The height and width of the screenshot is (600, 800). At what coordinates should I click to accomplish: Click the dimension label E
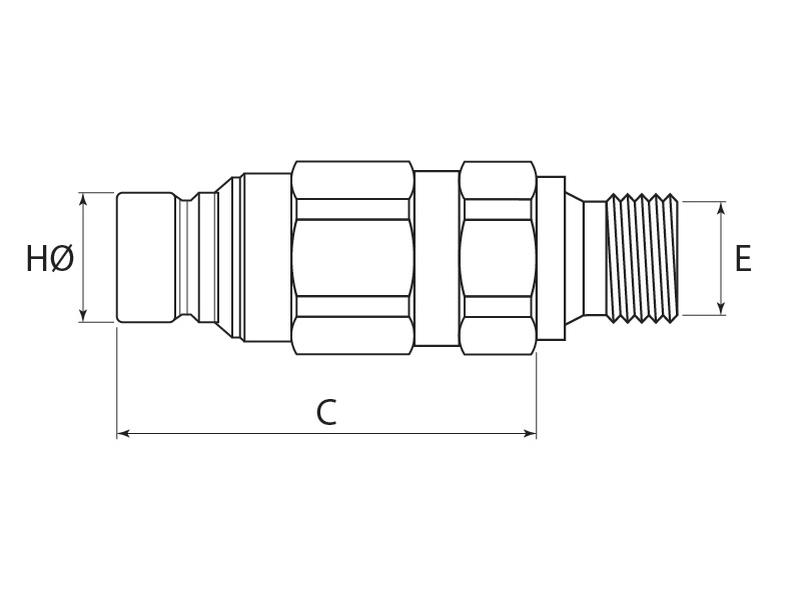pos(742,259)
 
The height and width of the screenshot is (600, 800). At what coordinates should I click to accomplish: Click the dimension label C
pos(326,412)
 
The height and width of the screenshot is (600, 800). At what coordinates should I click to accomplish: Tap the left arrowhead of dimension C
pos(123,434)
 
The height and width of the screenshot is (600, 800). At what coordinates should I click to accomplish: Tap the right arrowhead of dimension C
pos(531,434)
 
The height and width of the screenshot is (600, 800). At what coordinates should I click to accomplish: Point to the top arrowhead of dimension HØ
pos(83,198)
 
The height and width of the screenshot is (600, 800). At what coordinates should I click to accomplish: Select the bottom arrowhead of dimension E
pos(722,309)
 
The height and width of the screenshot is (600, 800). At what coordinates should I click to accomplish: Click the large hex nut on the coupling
pos(353,258)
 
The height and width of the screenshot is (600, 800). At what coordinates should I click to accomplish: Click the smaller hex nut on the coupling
pos(497,258)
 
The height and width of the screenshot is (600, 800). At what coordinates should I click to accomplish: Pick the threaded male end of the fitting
pos(644,258)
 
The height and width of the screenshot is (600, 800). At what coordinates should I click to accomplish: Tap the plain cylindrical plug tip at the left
pos(147,257)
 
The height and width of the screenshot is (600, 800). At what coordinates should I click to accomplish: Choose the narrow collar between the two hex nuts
pos(437,258)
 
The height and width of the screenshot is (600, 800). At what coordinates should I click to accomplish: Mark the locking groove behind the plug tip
pos(188,257)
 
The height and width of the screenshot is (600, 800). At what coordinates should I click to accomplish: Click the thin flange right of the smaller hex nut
pos(551,258)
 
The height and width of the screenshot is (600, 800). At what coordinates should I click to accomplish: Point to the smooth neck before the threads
pos(595,258)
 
